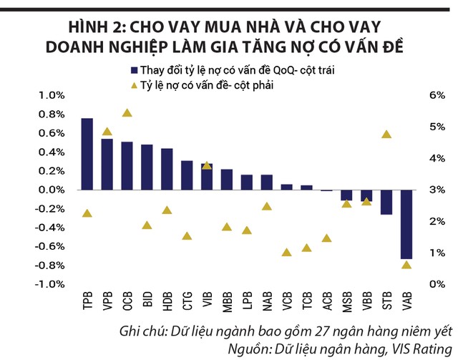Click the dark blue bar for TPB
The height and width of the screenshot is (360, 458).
87,154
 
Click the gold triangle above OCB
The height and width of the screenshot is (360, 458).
127,112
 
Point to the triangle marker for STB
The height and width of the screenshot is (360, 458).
386,135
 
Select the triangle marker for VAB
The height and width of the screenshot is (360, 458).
406,265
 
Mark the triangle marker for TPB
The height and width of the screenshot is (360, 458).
87,213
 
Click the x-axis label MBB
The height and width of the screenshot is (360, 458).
227,302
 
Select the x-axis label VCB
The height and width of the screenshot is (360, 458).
287,302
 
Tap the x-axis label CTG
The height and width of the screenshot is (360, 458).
187,302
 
